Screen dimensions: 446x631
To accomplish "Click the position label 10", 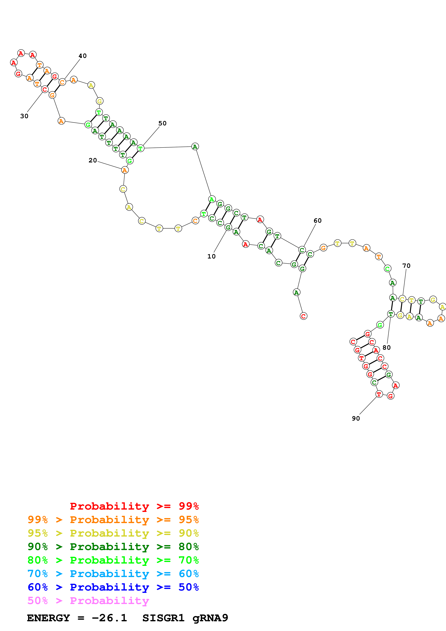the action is point(211,257).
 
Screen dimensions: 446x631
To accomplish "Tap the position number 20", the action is point(93,160).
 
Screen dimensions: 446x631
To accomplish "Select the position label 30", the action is point(24,116).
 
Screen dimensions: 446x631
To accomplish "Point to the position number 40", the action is point(82,56).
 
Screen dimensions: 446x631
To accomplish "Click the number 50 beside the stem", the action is point(162,123).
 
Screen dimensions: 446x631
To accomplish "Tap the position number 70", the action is point(406,266).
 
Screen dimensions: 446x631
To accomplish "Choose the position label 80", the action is point(386,348).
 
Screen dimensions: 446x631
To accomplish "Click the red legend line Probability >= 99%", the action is point(134,506).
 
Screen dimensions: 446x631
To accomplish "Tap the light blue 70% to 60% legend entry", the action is point(113,574).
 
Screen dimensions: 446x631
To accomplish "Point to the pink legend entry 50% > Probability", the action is point(88,601).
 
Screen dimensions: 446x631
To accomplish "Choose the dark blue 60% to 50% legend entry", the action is point(113,587).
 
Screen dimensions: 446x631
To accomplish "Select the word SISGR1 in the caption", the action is point(163,618).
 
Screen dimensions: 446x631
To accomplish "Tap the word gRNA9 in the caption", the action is point(210,618).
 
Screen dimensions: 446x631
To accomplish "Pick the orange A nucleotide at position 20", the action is point(125,170).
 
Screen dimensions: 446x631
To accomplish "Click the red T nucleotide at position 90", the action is point(379,394).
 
